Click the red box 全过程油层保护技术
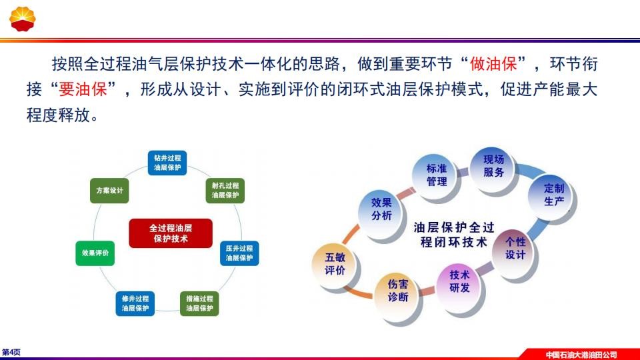[171, 233]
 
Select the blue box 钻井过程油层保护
[167, 163]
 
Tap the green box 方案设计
[109, 191]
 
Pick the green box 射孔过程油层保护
[225, 191]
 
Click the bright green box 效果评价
[95, 253]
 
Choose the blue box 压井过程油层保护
[239, 253]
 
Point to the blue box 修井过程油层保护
[135, 303]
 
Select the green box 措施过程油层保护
[199, 303]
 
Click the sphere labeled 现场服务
[493, 167]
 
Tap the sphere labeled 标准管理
[435, 176]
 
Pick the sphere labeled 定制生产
[552, 196]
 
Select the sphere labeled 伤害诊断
[397, 291]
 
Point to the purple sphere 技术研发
[459, 283]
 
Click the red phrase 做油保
[493, 64]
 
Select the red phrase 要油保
[83, 89]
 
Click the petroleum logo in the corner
[23, 19]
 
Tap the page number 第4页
[11, 352]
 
